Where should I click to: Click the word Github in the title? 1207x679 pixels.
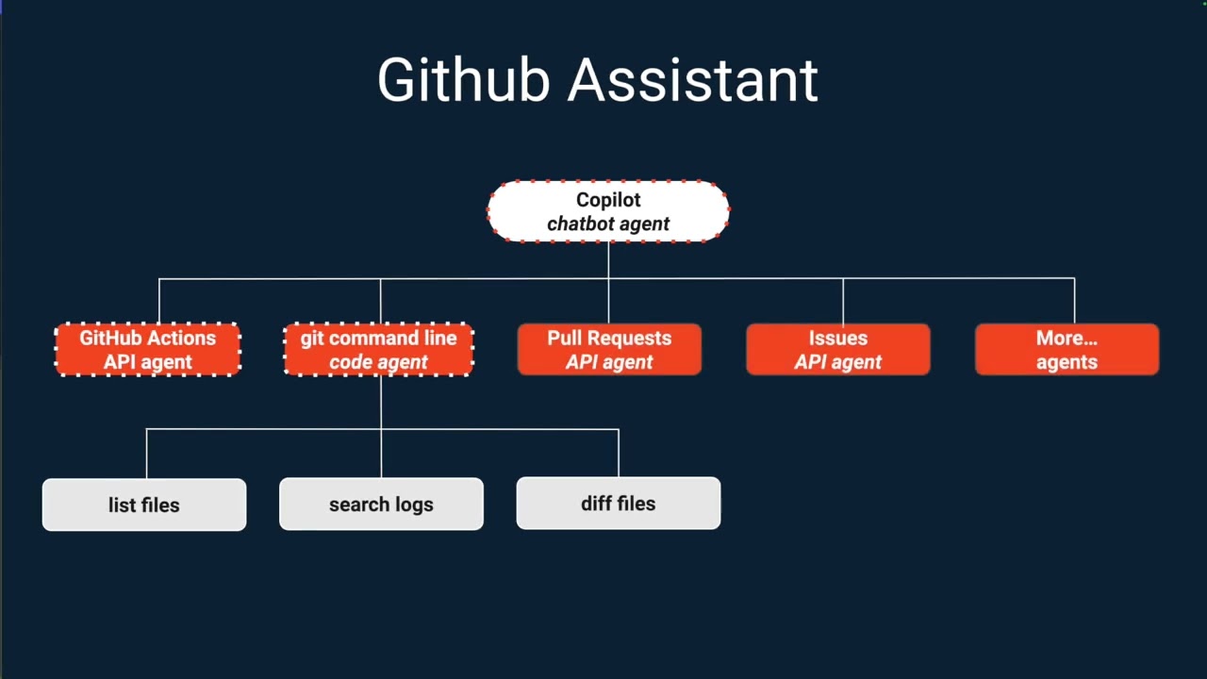pos(463,80)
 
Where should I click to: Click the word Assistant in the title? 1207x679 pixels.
pos(692,80)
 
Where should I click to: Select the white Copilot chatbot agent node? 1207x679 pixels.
pos(608,211)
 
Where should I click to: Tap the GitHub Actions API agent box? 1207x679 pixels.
pos(147,350)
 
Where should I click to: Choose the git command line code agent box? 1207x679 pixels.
pos(378,350)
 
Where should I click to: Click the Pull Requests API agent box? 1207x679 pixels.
pos(609,350)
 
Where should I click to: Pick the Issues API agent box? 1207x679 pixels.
pos(837,350)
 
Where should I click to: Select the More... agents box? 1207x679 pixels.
pos(1066,350)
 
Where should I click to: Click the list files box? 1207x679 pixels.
pos(144,505)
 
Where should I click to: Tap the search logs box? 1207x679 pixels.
pos(381,505)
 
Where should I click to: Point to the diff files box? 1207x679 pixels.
pos(618,504)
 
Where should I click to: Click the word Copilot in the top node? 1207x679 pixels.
pos(608,200)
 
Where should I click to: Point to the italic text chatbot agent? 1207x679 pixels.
pos(608,224)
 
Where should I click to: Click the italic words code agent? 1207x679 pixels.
pos(378,363)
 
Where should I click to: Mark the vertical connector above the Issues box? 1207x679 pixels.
pos(843,301)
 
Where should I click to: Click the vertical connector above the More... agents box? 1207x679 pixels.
pos(1074,301)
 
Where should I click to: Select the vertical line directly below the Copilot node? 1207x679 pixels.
pos(608,260)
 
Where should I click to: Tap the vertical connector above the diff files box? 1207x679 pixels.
pos(619,453)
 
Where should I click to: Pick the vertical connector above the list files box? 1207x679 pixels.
pos(146,454)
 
